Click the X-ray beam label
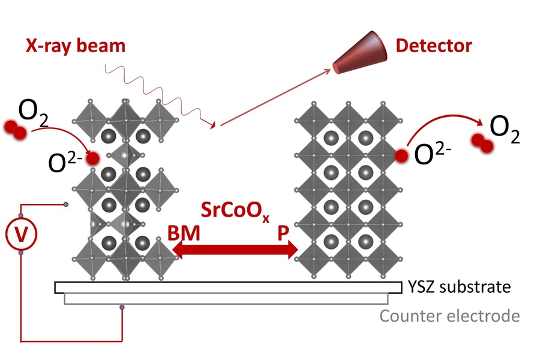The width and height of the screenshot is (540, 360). click(x=76, y=46)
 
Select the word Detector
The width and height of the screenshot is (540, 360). click(x=434, y=45)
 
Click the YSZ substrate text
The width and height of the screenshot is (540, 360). click(x=459, y=287)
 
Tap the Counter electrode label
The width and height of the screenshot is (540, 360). click(x=450, y=315)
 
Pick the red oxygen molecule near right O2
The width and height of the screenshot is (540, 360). click(x=482, y=142)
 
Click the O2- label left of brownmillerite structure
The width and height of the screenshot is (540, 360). click(x=65, y=163)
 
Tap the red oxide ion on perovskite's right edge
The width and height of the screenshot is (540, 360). click(x=400, y=157)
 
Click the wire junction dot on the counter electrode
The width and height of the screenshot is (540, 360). click(x=122, y=308)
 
